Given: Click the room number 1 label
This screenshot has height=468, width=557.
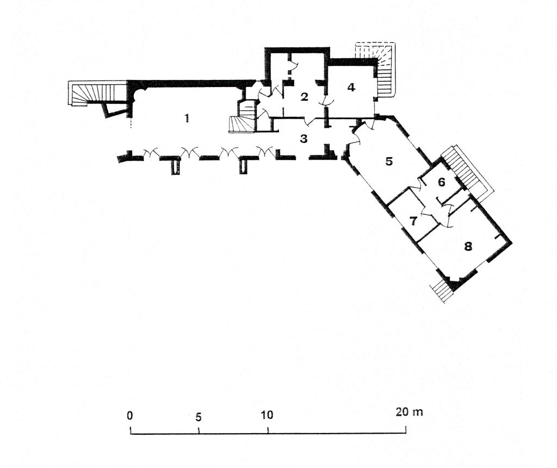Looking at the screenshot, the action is pos(187,118).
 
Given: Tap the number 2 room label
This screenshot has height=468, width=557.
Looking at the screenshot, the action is pos(304,96).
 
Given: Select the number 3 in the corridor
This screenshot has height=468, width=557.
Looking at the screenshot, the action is pos(304,139).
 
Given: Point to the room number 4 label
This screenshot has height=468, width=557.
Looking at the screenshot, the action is pos(351,87).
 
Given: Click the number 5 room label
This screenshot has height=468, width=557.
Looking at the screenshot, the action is pos(389,161).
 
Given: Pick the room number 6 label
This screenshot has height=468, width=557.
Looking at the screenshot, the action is pos(442,182).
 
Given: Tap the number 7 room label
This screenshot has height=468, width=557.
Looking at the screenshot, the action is pos(413,221).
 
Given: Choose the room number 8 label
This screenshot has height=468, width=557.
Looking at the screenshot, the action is pos(468,246).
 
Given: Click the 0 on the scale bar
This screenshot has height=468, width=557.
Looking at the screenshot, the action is pos(130,415).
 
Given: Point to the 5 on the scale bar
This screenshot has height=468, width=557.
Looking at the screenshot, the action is pos(198,417).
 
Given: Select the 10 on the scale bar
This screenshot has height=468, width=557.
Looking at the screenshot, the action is pos(267,415).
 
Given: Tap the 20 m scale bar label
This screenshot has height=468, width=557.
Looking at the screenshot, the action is pos(409,412).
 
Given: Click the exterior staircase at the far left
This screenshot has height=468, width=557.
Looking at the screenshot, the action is pos(96,93).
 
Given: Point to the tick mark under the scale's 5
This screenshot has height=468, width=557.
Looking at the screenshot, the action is pos(199,430).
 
